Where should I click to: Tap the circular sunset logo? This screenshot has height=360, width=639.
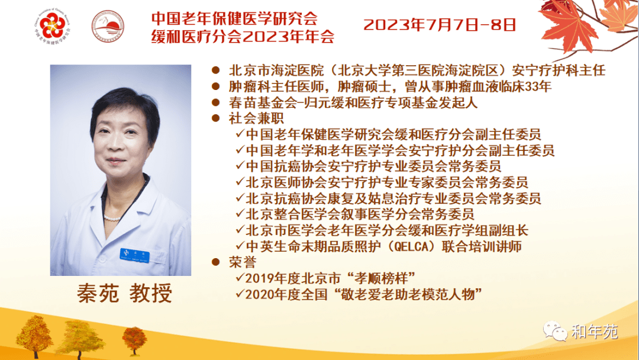[108, 27]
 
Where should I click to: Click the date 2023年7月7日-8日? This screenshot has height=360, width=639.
[440, 25]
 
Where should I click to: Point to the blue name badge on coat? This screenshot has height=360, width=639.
[134, 255]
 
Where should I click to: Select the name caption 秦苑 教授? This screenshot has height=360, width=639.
[125, 293]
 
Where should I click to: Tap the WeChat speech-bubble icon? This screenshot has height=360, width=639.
[555, 330]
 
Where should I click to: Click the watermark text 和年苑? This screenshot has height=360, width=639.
[595, 332]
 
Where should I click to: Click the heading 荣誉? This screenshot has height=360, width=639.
[243, 262]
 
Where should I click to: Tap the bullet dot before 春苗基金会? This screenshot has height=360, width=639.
[215, 102]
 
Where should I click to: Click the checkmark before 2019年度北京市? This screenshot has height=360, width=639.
[240, 278]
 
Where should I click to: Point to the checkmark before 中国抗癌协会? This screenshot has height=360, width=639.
[240, 166]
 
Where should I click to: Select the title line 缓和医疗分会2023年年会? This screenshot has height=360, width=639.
[243, 36]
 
